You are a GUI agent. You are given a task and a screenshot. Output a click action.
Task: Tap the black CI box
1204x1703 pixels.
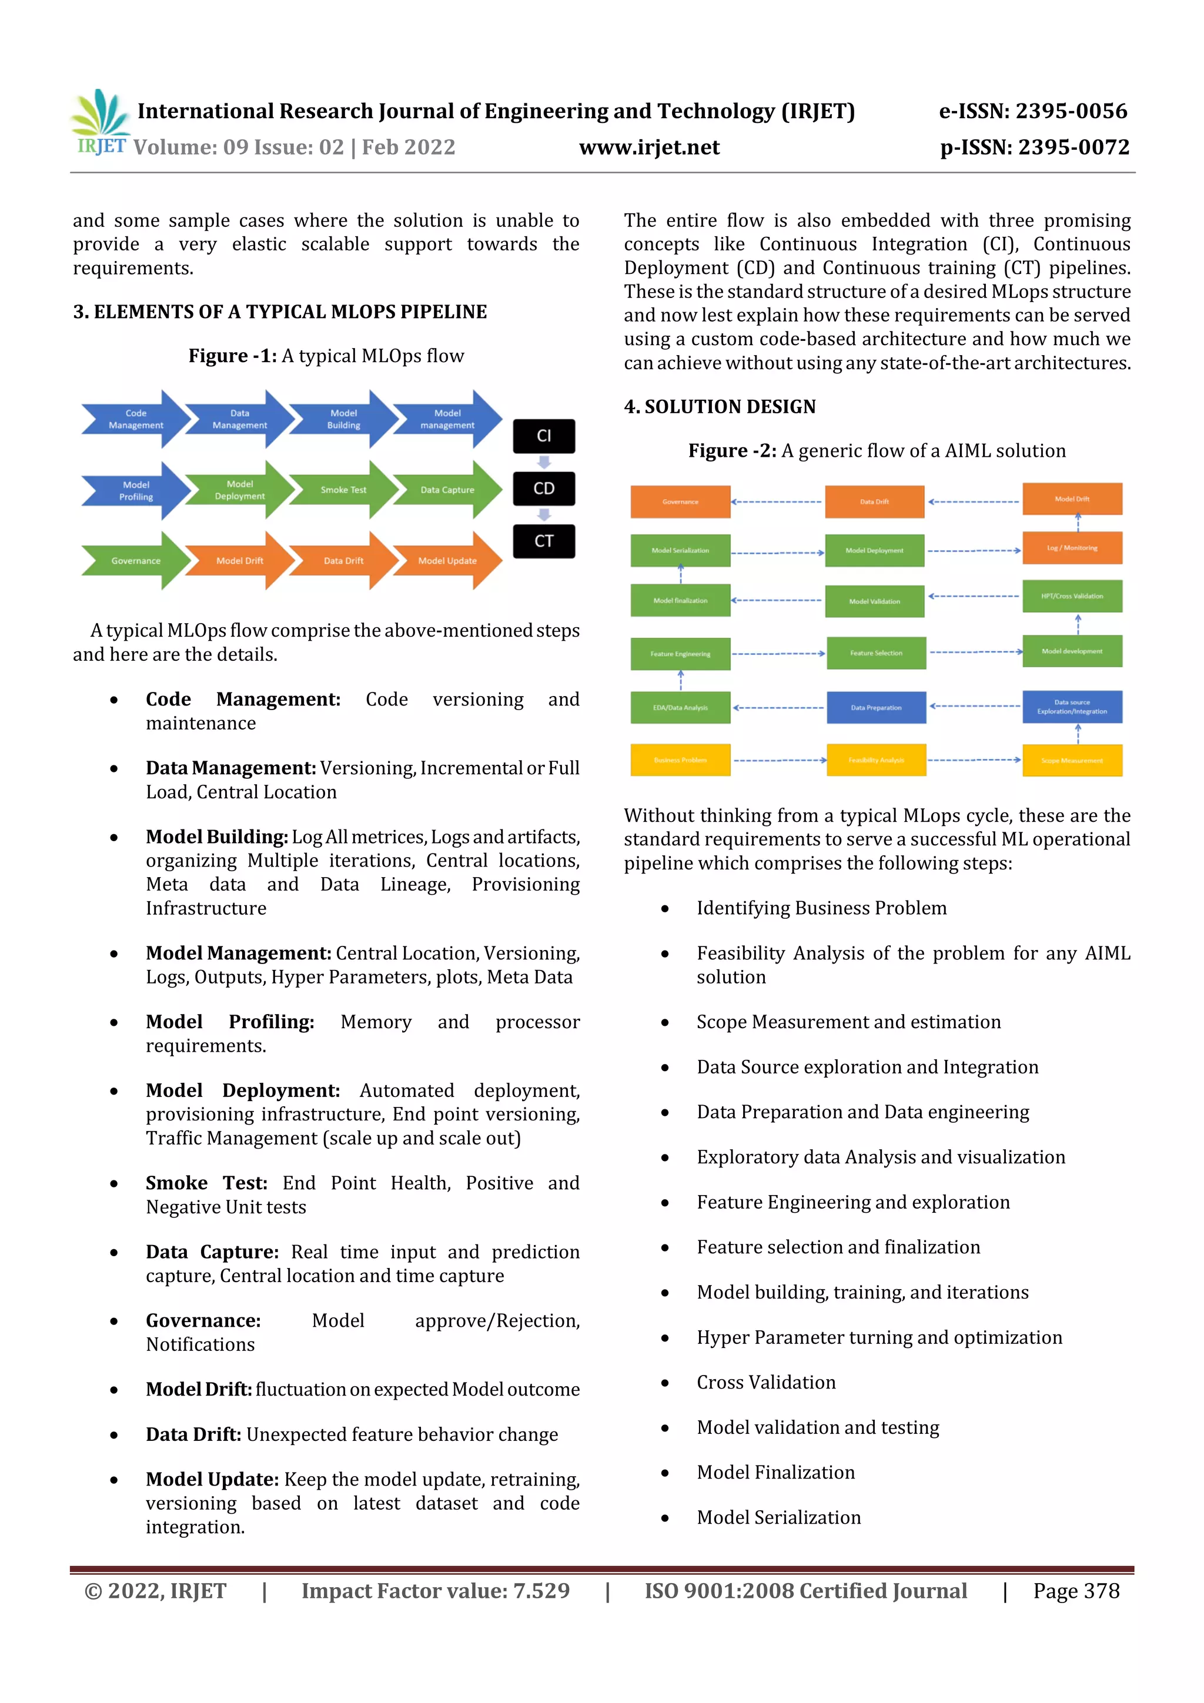[544, 436]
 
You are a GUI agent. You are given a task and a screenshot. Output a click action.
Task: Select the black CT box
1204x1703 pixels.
[544, 541]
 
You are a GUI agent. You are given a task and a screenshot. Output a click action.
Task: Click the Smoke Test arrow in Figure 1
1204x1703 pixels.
[343, 490]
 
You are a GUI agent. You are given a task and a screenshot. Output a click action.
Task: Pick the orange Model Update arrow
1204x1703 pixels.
[447, 561]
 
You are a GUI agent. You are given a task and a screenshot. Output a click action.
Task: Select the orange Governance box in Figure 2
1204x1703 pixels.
[680, 502]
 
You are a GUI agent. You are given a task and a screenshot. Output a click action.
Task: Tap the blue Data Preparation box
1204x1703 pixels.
[876, 708]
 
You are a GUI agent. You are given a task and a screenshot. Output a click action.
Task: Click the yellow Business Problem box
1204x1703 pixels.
[680, 760]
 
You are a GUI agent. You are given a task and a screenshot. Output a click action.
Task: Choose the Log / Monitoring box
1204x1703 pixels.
[1072, 548]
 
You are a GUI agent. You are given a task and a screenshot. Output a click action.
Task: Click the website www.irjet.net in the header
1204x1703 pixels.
[649, 148]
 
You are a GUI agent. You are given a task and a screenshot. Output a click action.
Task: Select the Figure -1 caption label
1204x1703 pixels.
[232, 356]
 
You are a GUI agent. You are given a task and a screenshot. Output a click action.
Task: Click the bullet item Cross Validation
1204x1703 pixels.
[765, 1383]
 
